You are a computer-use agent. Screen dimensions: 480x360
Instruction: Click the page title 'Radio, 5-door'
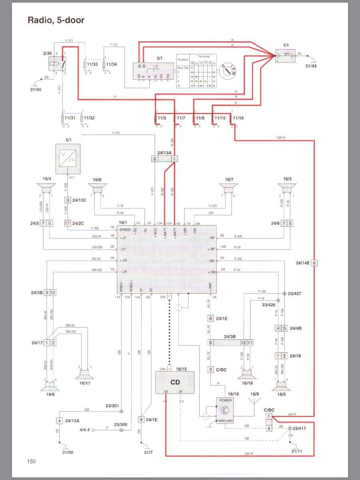point(56,20)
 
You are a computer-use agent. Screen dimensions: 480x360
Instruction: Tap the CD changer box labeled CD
point(175,382)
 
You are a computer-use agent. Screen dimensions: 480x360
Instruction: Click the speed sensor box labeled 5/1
point(68,159)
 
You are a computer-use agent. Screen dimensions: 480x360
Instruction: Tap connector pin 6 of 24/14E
point(314,263)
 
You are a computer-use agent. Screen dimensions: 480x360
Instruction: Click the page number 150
point(31,461)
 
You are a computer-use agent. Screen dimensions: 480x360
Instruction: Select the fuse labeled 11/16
point(231,119)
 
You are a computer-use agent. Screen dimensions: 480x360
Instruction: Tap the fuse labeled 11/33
point(85,64)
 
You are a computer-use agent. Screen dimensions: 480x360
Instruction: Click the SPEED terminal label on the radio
point(125,230)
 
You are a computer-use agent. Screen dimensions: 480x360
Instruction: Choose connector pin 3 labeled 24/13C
point(68,200)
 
